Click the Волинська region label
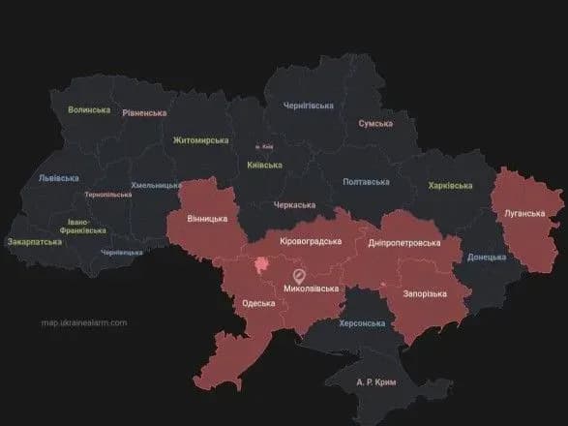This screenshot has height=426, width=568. pos(89,110)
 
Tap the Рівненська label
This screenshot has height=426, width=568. pos(144,113)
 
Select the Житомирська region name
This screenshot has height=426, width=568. pos(200,140)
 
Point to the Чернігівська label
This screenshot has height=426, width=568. pos(308,104)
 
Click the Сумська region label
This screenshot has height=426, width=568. pos(375,124)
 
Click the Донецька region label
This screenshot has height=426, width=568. pos(487,258)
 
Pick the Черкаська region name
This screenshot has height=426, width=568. pos(294,205)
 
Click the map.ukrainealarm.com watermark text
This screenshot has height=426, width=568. pos(83,323)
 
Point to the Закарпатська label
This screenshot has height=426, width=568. pos(35,242)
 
